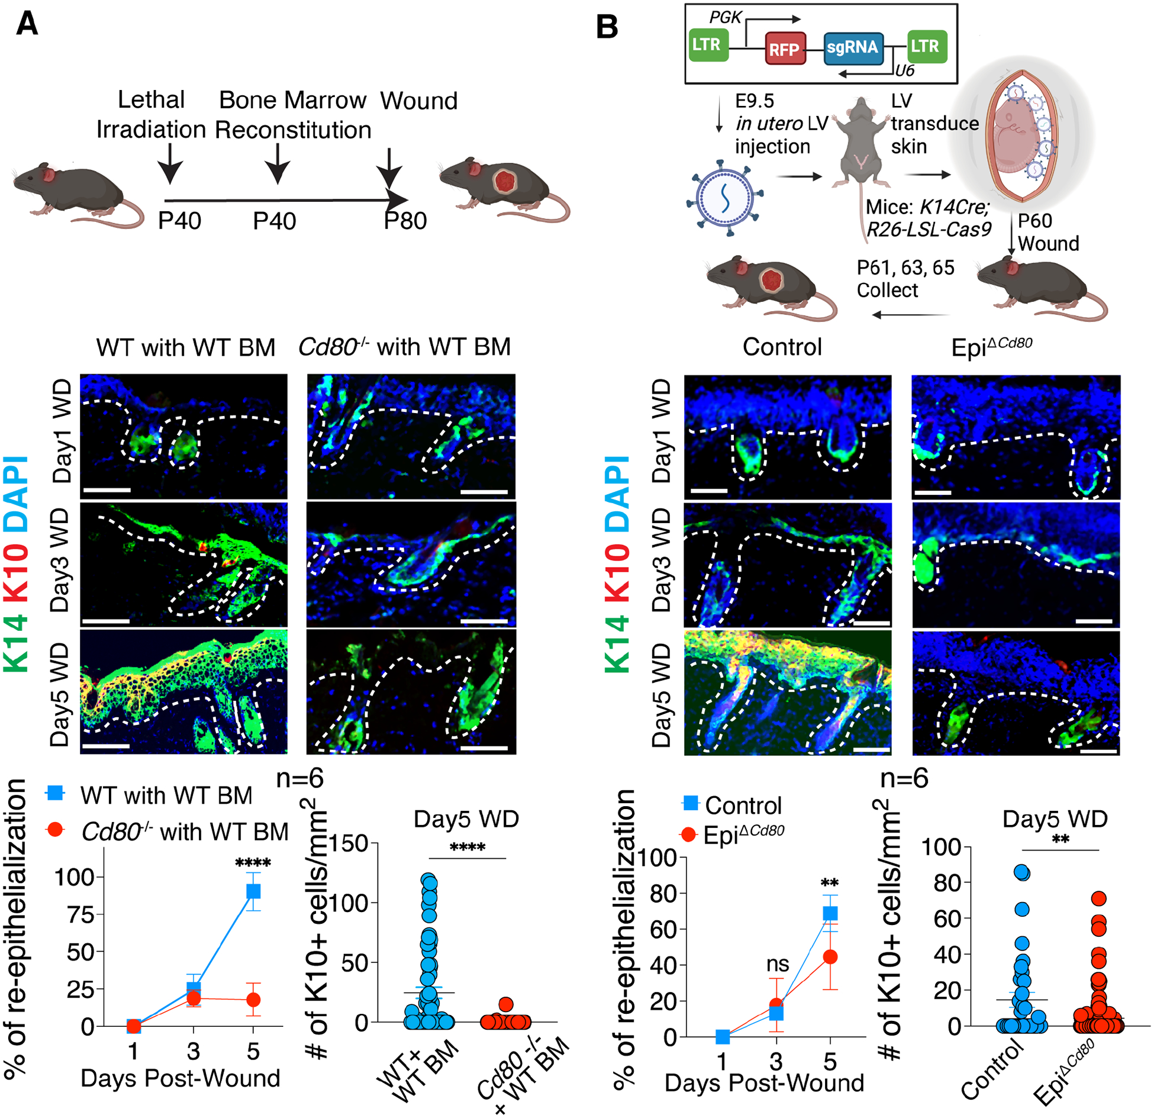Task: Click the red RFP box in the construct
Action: (785, 49)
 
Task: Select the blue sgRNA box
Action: (853, 47)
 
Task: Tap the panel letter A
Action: (27, 24)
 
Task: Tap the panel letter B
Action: (607, 27)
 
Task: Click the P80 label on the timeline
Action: (405, 221)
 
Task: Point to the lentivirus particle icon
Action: (725, 198)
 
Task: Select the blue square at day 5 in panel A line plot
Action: (253, 891)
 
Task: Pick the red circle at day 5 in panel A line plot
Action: (253, 1000)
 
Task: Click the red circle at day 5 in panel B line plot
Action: (830, 957)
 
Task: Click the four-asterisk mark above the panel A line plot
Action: (253, 863)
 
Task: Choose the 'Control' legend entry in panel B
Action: (743, 806)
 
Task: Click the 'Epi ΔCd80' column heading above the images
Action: (991, 347)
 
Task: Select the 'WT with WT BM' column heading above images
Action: (185, 347)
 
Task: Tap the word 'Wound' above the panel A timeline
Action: (418, 101)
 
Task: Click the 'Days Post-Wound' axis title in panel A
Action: (180, 1078)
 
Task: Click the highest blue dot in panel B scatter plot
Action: (1022, 872)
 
